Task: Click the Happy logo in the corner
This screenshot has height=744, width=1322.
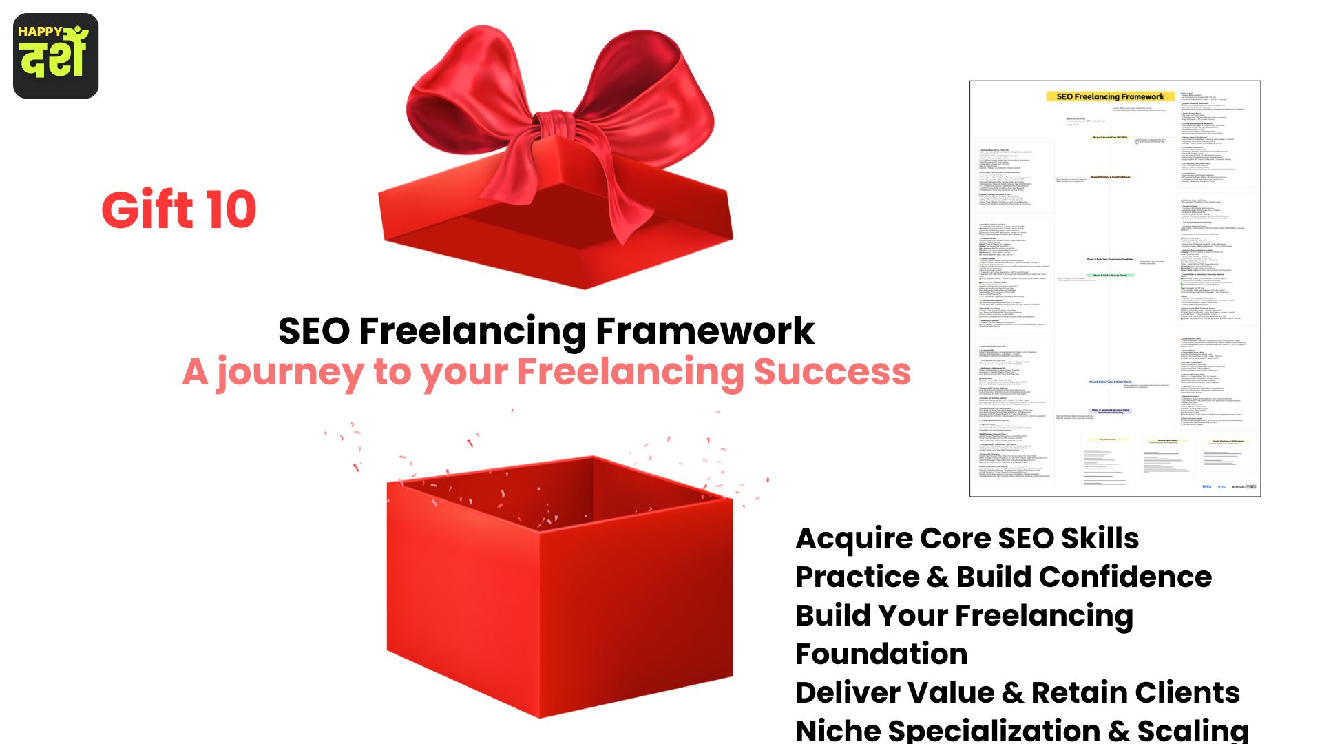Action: (56, 55)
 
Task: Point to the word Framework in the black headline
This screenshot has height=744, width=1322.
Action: (704, 331)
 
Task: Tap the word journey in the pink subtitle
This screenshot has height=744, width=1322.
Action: (290, 373)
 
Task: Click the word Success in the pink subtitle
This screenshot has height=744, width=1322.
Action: (832, 372)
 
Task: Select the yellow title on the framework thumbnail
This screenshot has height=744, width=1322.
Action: (1110, 96)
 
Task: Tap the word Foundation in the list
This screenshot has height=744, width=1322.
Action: (881, 654)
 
